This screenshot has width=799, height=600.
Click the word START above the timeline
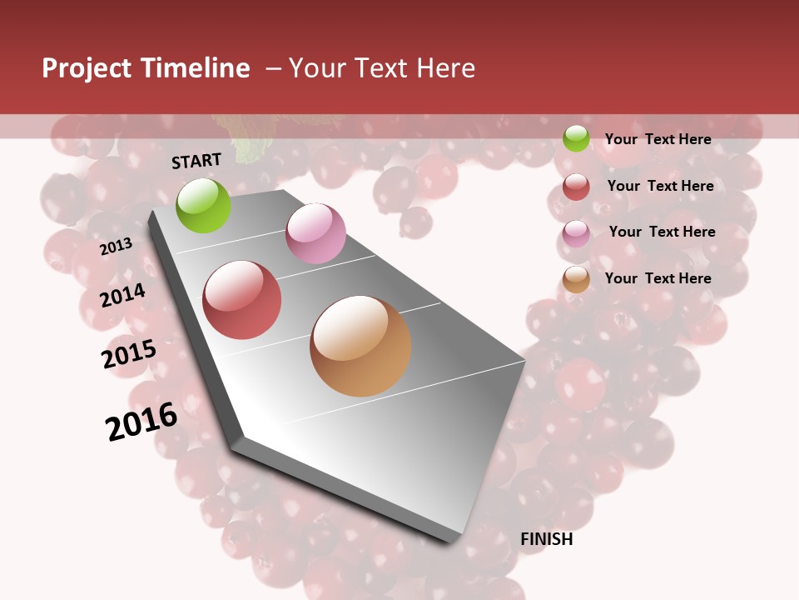pyautogui.click(x=196, y=161)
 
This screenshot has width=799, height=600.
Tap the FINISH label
pyautogui.click(x=546, y=539)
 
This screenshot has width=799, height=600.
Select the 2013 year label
pyautogui.click(x=116, y=247)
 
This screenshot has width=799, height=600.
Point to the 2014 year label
pyautogui.click(x=122, y=295)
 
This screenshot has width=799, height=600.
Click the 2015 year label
pyautogui.click(x=129, y=354)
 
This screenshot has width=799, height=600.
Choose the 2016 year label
pyautogui.click(x=141, y=422)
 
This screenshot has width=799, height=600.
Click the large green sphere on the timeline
pyautogui.click(x=204, y=205)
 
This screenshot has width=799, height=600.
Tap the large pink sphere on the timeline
pyautogui.click(x=315, y=233)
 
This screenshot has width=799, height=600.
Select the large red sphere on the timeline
pyautogui.click(x=242, y=300)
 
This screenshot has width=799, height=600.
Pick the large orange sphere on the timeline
pyautogui.click(x=360, y=346)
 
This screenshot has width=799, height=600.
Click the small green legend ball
pyautogui.click(x=576, y=138)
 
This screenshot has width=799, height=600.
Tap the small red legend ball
pyautogui.click(x=576, y=187)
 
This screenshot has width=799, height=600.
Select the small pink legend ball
pyautogui.click(x=576, y=233)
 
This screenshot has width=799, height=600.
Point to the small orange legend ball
pyautogui.click(x=576, y=280)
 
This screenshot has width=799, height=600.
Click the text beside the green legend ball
pyautogui.click(x=658, y=139)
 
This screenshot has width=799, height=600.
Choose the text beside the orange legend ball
pyautogui.click(x=658, y=278)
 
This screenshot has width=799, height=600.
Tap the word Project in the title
pyautogui.click(x=84, y=68)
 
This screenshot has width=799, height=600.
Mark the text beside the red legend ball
pyautogui.click(x=660, y=186)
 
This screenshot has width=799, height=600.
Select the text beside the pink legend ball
pyautogui.click(x=662, y=232)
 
